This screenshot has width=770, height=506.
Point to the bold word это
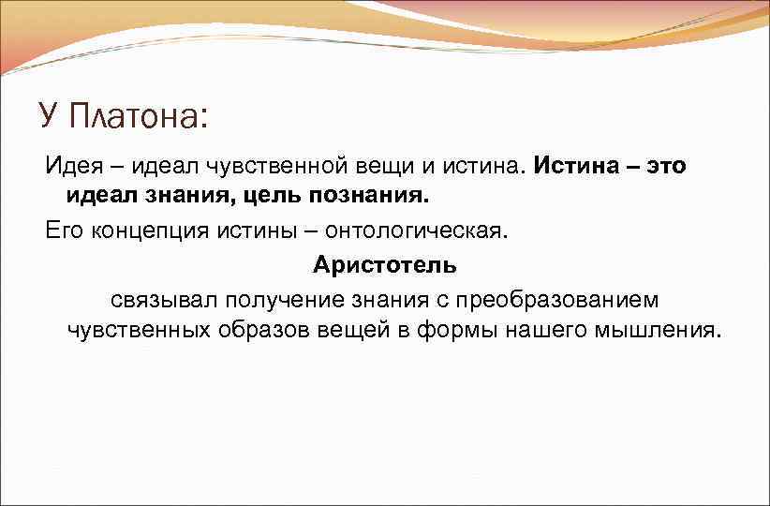click(661, 166)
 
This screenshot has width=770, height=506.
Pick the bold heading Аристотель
click(385, 265)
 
